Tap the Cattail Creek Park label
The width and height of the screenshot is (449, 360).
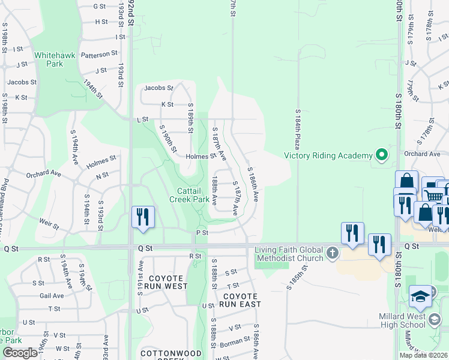[x=189, y=195]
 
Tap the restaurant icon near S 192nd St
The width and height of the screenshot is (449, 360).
[x=143, y=217]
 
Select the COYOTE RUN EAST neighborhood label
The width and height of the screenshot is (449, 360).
[x=241, y=301]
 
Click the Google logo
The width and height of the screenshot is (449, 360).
[x=19, y=352]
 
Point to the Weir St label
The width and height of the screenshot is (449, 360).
[x=49, y=224]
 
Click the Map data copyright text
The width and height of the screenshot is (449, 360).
[x=423, y=355]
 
